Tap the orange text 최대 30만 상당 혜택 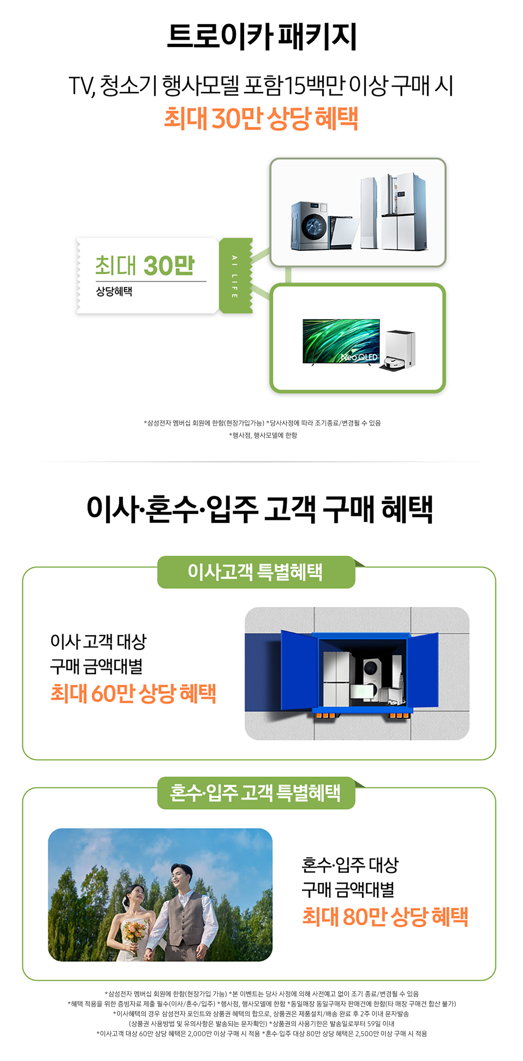(261, 118)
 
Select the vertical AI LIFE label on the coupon (235, 276)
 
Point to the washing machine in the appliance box (309, 225)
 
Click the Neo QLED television (341, 341)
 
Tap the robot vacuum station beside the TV (399, 350)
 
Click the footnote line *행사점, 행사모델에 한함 (263, 435)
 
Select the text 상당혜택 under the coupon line (114, 291)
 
